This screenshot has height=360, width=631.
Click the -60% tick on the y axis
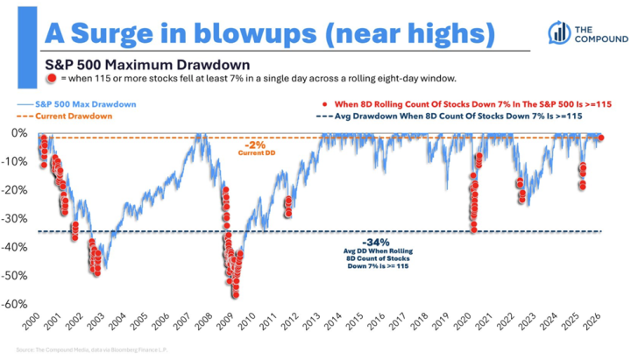tap(18, 305)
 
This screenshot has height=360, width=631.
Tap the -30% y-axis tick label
tap(18, 219)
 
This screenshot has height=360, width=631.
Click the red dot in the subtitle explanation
tap(53, 78)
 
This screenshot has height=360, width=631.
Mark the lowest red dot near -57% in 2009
tap(235, 294)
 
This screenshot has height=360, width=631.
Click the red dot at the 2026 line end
tap(600, 138)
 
